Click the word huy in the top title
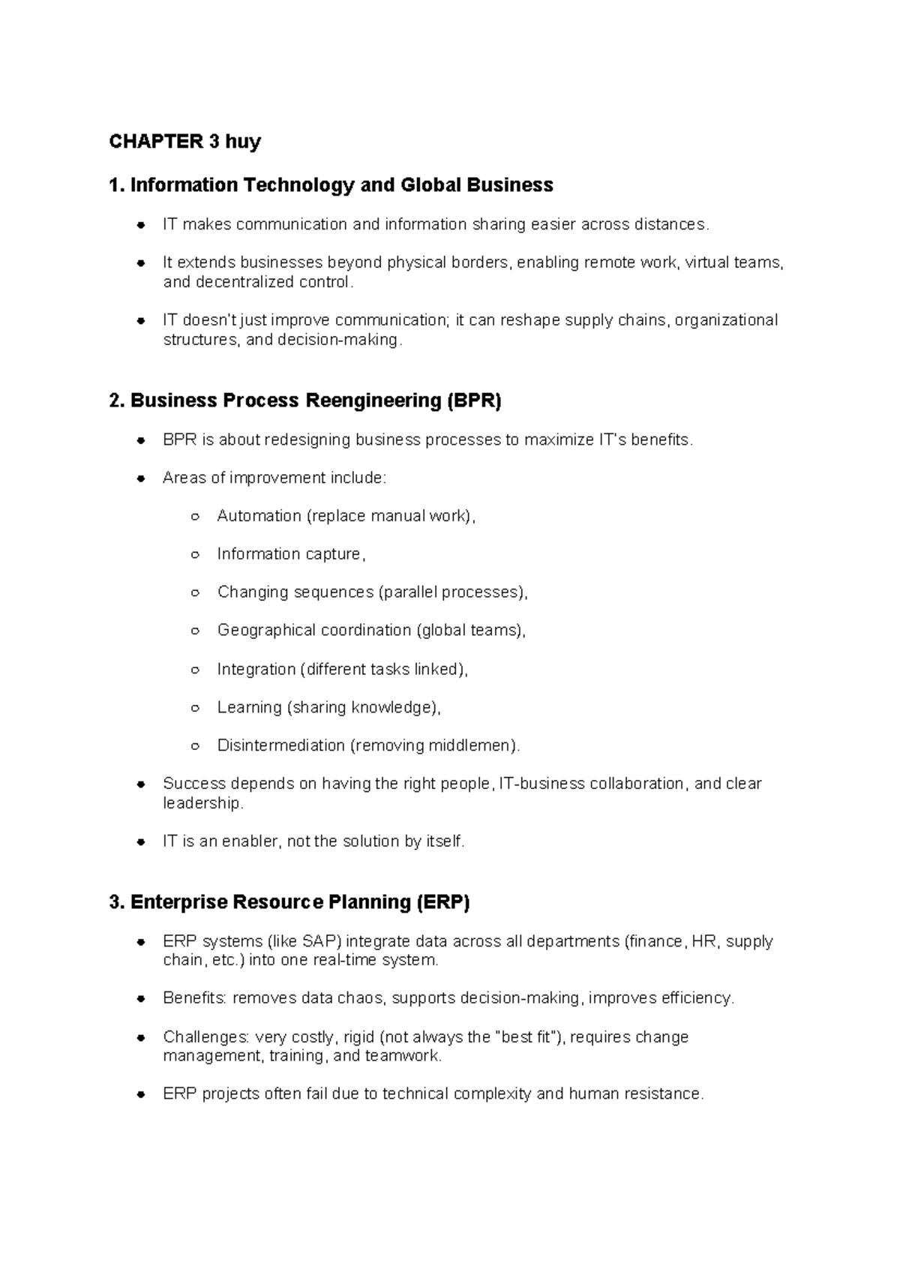(x=241, y=142)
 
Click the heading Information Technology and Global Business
(x=341, y=185)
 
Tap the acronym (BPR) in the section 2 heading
(x=474, y=400)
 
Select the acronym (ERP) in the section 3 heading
(x=442, y=902)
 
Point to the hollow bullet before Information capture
(x=195, y=555)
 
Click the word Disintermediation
(x=280, y=745)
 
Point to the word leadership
(x=202, y=803)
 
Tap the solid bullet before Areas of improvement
(x=140, y=478)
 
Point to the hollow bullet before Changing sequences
(x=195, y=592)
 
